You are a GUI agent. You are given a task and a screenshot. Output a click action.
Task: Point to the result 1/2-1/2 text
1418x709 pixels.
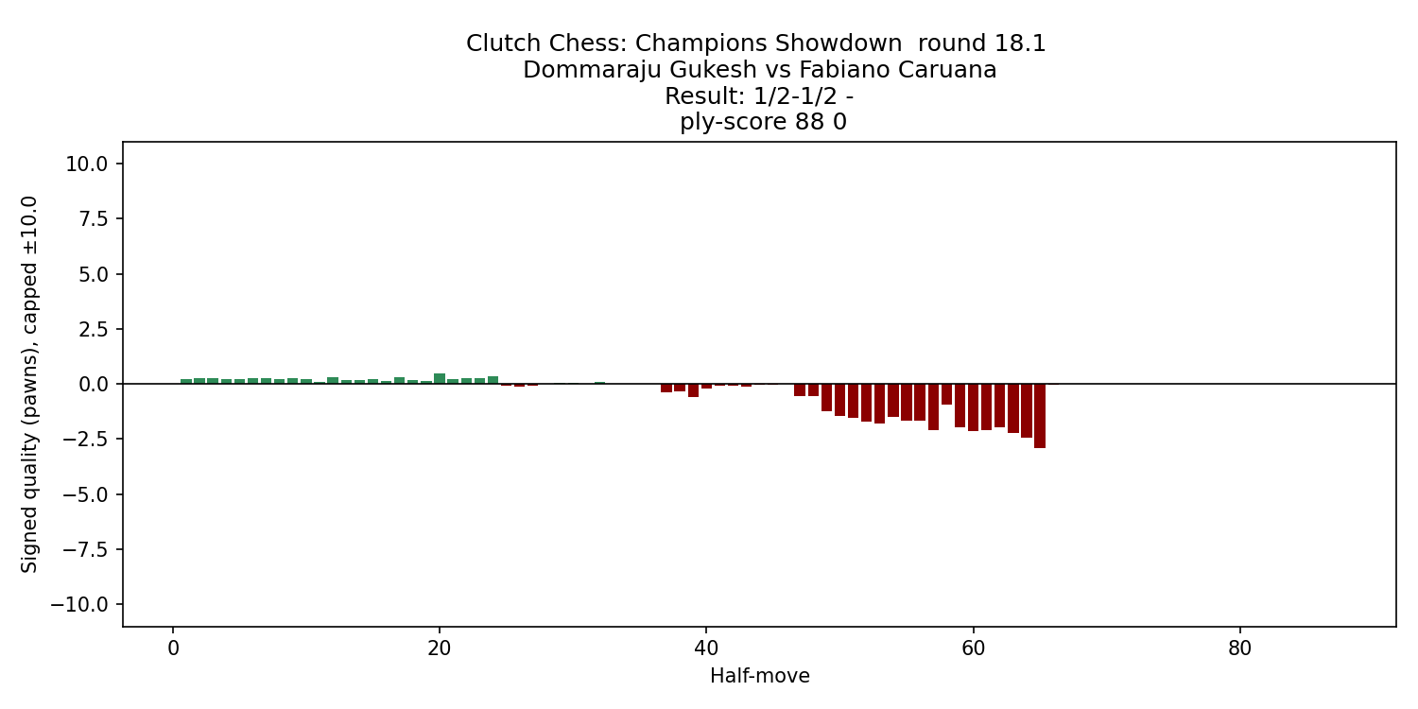[x=751, y=96]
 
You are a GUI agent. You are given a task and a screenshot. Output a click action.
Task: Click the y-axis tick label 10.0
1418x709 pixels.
[x=88, y=164]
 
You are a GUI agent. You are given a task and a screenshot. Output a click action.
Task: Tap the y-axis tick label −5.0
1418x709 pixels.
[x=88, y=494]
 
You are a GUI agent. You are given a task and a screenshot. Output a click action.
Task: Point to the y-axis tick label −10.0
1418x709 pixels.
[x=83, y=604]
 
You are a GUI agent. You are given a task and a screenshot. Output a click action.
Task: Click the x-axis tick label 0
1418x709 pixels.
[x=173, y=648]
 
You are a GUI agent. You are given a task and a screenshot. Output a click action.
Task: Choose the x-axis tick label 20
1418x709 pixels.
[x=440, y=648]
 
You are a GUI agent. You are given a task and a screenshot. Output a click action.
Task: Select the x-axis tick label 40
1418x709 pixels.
[x=706, y=648]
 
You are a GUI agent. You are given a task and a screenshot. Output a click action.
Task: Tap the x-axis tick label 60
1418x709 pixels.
[x=973, y=648]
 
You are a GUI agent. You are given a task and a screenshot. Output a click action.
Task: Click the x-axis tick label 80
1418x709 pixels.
[x=1239, y=648]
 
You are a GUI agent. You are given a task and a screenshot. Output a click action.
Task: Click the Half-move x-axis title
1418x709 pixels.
[x=759, y=676]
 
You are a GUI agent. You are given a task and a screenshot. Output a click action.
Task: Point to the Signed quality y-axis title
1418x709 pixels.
[x=29, y=384]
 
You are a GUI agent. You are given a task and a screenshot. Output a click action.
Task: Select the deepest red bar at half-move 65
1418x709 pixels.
[x=1040, y=416]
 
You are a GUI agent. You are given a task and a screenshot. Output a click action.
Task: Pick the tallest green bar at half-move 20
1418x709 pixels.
[x=440, y=378]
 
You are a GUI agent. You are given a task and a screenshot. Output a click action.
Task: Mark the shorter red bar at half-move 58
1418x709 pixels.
[x=946, y=394]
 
